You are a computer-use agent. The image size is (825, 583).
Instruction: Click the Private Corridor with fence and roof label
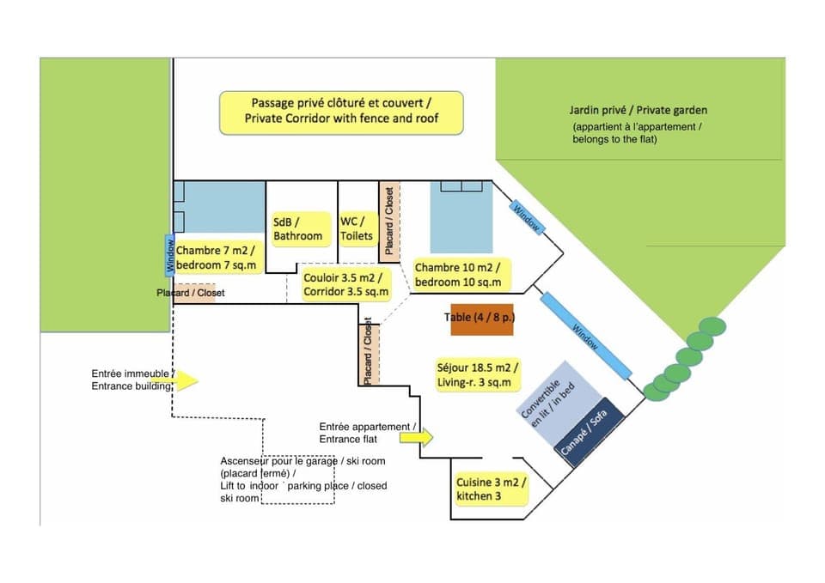pyautogui.click(x=341, y=112)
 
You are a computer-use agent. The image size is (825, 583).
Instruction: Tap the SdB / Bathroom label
pyautogui.click(x=298, y=229)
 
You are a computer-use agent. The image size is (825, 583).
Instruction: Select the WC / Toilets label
pyautogui.click(x=357, y=229)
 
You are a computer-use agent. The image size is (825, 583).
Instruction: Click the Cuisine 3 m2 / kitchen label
pyautogui.click(x=490, y=489)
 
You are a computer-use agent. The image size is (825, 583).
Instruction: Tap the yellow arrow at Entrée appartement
pyautogui.click(x=418, y=437)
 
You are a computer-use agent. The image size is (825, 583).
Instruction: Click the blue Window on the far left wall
pyautogui.click(x=169, y=256)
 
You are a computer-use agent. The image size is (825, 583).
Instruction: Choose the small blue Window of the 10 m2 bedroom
pyautogui.click(x=526, y=217)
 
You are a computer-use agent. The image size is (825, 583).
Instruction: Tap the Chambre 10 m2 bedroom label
pyautogui.click(x=461, y=275)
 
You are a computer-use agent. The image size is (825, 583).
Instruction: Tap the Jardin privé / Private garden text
pyautogui.click(x=638, y=111)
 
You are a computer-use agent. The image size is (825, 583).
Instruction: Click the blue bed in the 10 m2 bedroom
pyautogui.click(x=461, y=216)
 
